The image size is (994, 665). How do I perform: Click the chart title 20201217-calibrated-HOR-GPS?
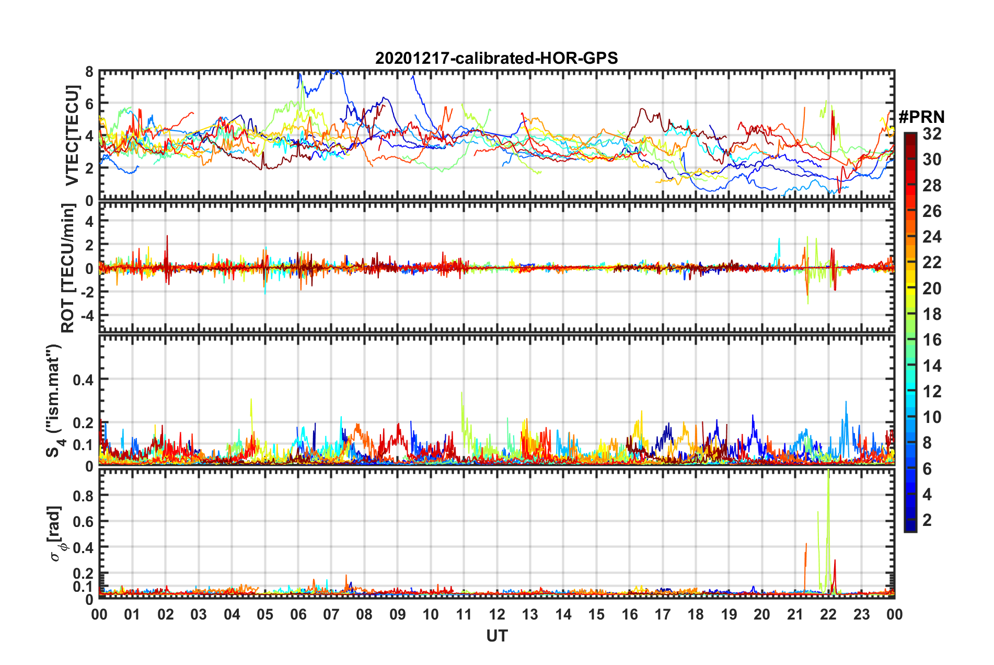[x=496, y=58]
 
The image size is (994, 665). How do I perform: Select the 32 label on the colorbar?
[x=932, y=134]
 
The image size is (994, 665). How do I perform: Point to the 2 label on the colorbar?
[x=927, y=520]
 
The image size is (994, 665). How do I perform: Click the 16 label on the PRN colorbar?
[x=932, y=340]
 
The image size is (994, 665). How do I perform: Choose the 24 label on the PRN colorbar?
[x=932, y=237]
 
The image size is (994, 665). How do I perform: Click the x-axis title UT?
[x=496, y=636]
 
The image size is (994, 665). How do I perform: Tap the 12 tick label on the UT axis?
[x=497, y=615]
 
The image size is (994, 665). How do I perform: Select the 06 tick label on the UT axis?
[x=298, y=615]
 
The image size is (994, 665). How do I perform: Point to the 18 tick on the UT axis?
[x=696, y=615]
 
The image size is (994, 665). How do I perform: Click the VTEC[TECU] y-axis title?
[x=72, y=136]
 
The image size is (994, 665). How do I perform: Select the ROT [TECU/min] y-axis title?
[x=68, y=268]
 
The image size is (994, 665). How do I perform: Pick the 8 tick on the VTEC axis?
[x=89, y=72]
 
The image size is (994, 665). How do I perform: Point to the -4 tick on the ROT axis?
[x=86, y=316]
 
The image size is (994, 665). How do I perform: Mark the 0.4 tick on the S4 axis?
[x=83, y=380]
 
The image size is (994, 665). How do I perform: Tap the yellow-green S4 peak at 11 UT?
[x=461, y=393]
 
